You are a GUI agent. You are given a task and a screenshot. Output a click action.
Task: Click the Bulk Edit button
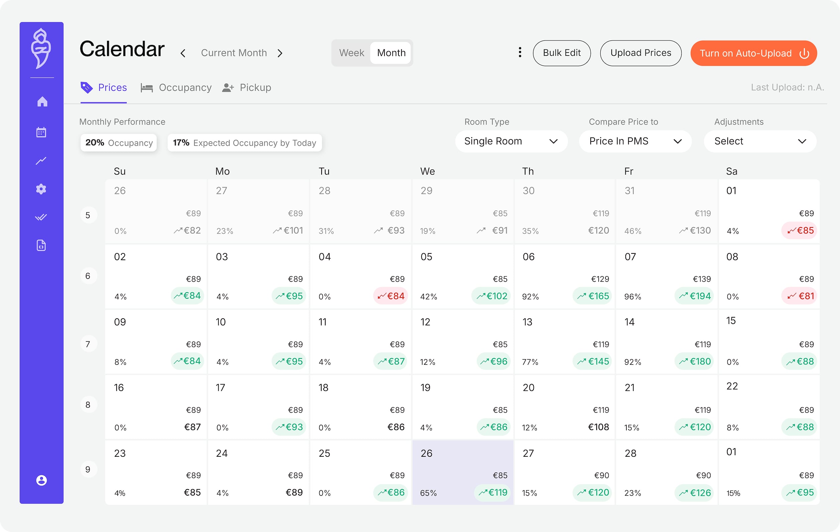pyautogui.click(x=561, y=53)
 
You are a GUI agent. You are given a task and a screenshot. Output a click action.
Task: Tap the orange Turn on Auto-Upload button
pyautogui.click(x=753, y=53)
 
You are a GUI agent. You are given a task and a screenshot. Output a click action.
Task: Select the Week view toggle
pyautogui.click(x=351, y=53)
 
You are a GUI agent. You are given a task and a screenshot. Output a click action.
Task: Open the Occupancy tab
pyautogui.click(x=176, y=88)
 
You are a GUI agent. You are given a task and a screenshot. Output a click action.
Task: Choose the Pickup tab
pyautogui.click(x=247, y=88)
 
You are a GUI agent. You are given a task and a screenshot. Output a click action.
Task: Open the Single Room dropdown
pyautogui.click(x=511, y=141)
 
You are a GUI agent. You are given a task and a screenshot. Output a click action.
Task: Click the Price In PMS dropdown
pyautogui.click(x=635, y=141)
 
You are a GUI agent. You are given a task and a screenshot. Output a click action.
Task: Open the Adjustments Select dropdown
pyautogui.click(x=760, y=141)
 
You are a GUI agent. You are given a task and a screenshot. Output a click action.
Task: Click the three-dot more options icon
pyautogui.click(x=520, y=52)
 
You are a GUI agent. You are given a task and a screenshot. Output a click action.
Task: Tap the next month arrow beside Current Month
pyautogui.click(x=280, y=53)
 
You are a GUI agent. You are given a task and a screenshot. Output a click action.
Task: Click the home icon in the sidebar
pyautogui.click(x=42, y=102)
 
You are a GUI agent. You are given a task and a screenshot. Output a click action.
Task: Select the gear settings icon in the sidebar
pyautogui.click(x=41, y=189)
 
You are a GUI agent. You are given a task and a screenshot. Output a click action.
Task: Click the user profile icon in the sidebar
pyautogui.click(x=41, y=481)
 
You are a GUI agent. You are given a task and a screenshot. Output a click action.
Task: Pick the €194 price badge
pyautogui.click(x=694, y=296)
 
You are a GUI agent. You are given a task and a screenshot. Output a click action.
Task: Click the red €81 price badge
pyautogui.click(x=800, y=296)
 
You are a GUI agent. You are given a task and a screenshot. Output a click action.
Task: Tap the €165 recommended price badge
pyautogui.click(x=592, y=296)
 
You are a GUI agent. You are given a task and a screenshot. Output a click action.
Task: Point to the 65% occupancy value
pyautogui.click(x=429, y=493)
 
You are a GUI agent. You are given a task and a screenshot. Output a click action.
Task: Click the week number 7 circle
pyautogui.click(x=88, y=344)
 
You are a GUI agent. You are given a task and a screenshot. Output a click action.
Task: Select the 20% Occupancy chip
pyautogui.click(x=119, y=143)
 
